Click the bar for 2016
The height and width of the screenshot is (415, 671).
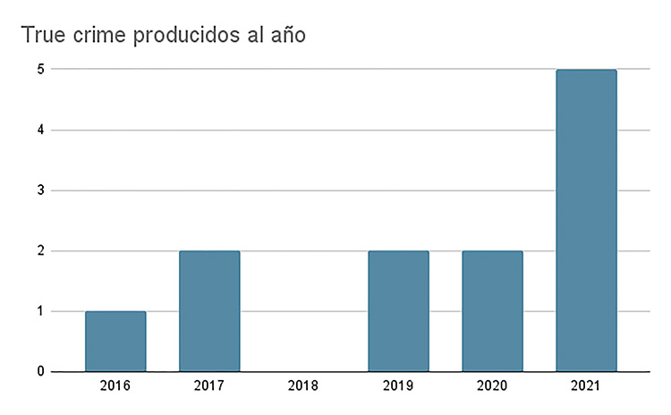(x=115, y=341)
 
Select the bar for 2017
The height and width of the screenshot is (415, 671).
(x=209, y=310)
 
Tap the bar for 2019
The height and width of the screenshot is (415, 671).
(x=398, y=310)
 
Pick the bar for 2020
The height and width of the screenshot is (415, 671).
(x=492, y=310)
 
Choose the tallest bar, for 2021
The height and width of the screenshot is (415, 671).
(x=586, y=220)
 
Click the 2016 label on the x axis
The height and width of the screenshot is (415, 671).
(x=115, y=387)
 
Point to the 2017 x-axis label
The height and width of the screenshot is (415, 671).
(x=209, y=387)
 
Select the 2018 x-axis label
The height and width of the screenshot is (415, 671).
(x=304, y=387)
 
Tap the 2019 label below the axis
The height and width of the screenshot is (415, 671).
(x=398, y=387)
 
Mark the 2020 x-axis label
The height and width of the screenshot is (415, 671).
(x=492, y=387)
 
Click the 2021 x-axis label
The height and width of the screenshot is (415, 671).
(x=586, y=387)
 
